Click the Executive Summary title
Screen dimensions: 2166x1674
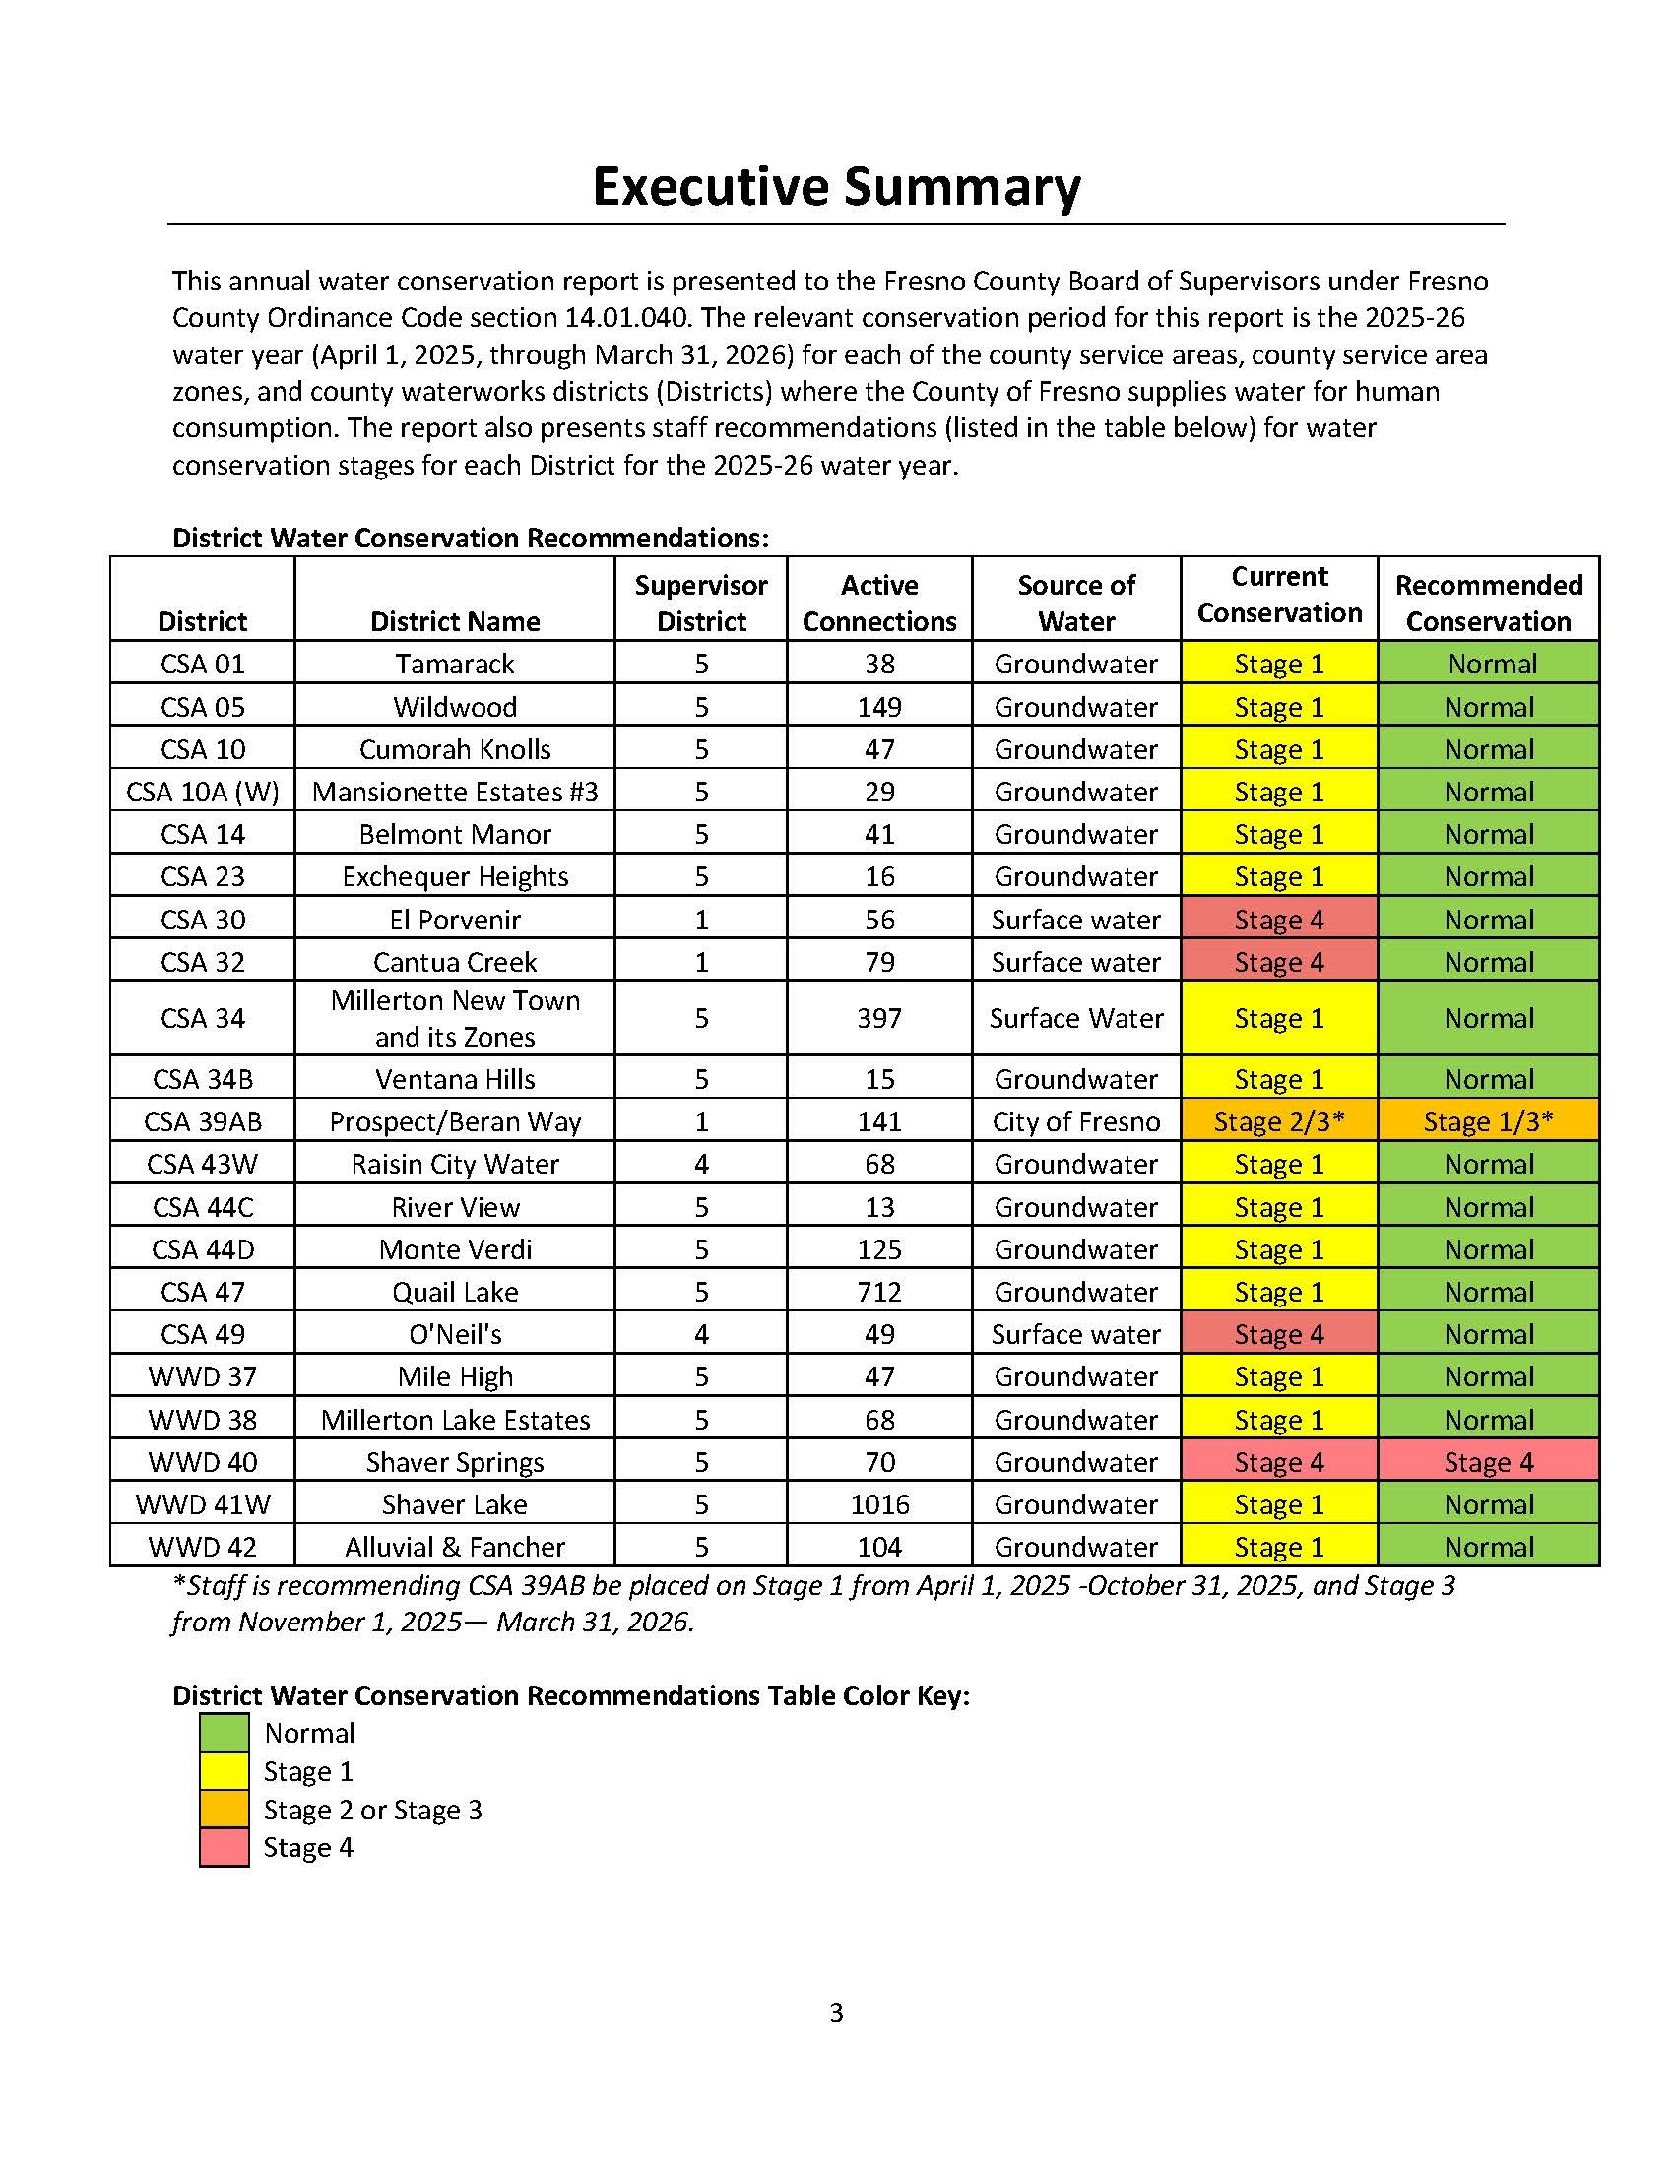click(x=836, y=186)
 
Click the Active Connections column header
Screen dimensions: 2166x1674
click(x=878, y=603)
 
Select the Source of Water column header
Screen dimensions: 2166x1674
click(x=1076, y=603)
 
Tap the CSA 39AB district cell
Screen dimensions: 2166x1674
click(x=202, y=1121)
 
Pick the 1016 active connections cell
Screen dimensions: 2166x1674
click(x=878, y=1504)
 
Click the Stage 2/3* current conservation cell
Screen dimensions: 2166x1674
click(x=1278, y=1121)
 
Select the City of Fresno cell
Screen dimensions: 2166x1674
click(x=1076, y=1121)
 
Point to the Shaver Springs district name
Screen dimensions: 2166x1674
click(x=454, y=1462)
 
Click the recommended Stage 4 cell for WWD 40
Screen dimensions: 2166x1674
click(x=1488, y=1462)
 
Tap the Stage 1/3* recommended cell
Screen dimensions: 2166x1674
click(x=1488, y=1121)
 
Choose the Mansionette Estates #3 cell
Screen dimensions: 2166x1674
click(x=454, y=792)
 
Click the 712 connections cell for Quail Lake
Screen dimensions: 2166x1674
click(x=878, y=1292)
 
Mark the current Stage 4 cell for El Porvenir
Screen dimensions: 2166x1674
click(x=1278, y=920)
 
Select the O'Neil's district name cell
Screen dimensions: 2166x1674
click(x=454, y=1334)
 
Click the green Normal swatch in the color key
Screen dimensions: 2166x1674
click(x=225, y=1733)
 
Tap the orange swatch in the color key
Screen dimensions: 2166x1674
click(x=225, y=1810)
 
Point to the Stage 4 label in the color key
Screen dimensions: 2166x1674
click(x=307, y=1848)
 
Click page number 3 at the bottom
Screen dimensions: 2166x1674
click(x=836, y=2012)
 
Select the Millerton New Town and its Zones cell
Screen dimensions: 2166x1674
click(x=454, y=1018)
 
